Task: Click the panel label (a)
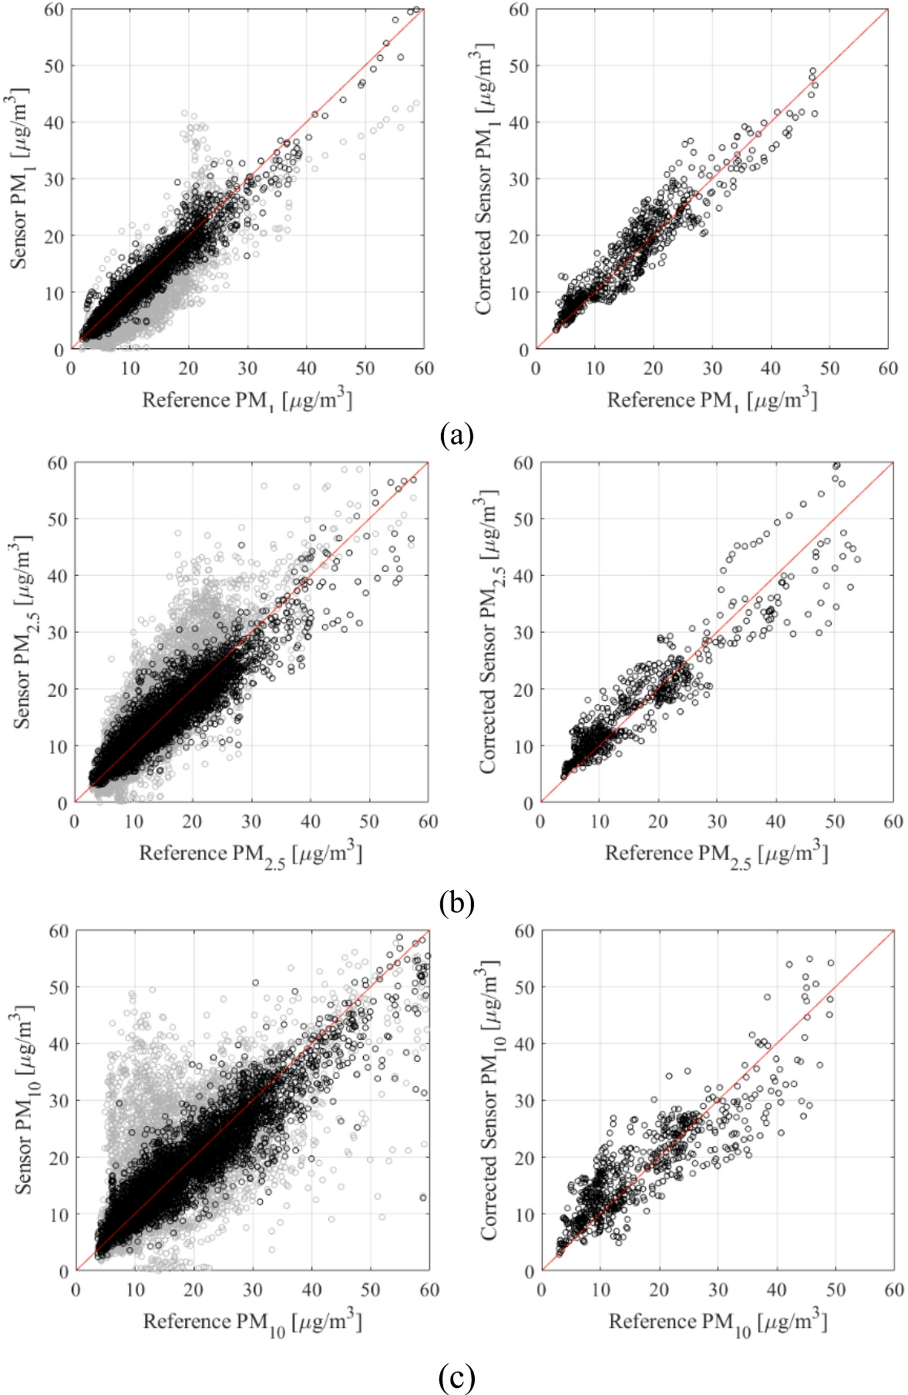pyautogui.click(x=456, y=436)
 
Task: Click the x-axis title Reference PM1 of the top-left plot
pyautogui.click(x=247, y=400)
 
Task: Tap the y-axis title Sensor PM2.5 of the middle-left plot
pyautogui.click(x=22, y=632)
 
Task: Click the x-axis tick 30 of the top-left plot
pyautogui.click(x=247, y=368)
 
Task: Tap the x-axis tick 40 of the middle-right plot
pyautogui.click(x=776, y=822)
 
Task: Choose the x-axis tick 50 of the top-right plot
pyautogui.click(x=829, y=368)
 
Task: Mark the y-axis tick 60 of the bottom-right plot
pyautogui.click(x=524, y=931)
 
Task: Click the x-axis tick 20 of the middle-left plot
pyautogui.click(x=192, y=822)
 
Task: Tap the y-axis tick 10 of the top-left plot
pyautogui.click(x=54, y=293)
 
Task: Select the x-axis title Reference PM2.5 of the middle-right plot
pyautogui.click(x=716, y=855)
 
